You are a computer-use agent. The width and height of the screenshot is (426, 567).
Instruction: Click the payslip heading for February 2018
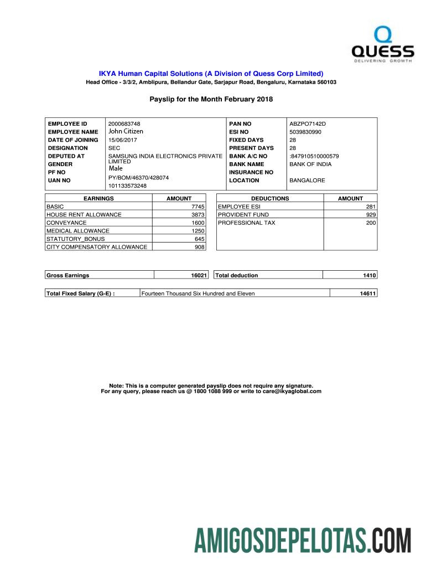[x=211, y=99]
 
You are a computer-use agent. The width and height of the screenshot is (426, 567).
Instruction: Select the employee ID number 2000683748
[x=124, y=123]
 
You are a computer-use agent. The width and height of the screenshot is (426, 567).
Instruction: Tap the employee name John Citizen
[x=126, y=132]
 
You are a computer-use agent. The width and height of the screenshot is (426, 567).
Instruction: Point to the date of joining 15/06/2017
[x=122, y=140]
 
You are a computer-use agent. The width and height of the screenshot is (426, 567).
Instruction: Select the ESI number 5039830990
[x=305, y=132]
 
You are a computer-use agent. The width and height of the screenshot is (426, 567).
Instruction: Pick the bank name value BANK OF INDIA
[x=310, y=164]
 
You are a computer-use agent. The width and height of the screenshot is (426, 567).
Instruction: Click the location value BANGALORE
[x=307, y=181]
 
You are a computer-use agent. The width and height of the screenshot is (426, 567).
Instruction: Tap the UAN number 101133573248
[x=127, y=186]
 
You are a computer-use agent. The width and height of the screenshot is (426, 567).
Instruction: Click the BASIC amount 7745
[x=198, y=207]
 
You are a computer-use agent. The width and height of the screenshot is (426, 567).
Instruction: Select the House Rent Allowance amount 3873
[x=198, y=215]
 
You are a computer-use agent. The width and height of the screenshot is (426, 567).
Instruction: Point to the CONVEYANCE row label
[x=66, y=223]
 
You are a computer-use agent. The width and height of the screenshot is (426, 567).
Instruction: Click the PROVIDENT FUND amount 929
[x=371, y=215]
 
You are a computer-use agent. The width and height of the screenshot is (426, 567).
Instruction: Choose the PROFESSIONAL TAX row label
[x=246, y=223]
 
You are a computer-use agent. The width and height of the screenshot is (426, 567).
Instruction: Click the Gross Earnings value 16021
[x=199, y=275]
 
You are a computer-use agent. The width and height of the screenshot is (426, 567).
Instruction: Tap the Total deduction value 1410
[x=370, y=275]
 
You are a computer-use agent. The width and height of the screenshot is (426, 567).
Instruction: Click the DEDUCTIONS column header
[x=270, y=198]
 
